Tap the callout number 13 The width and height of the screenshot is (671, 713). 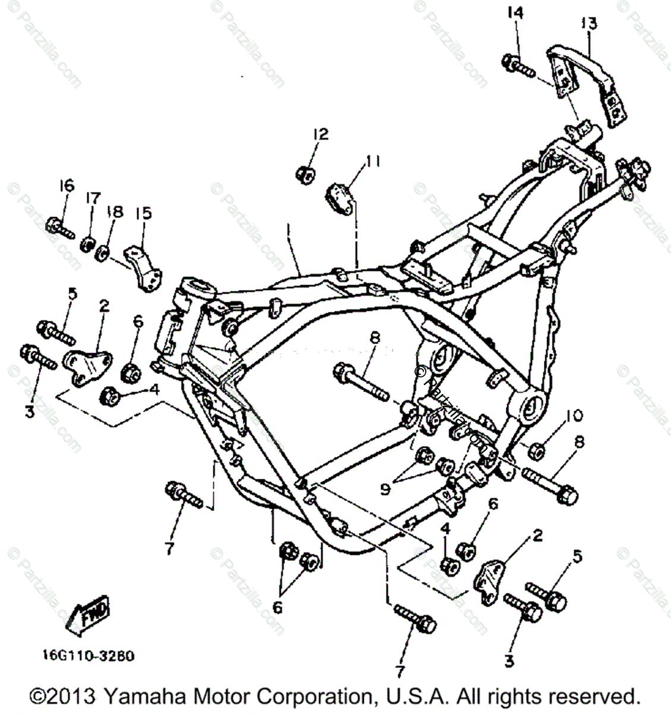[x=589, y=24]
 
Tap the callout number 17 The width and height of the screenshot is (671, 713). [x=94, y=198]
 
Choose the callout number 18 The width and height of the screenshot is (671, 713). [x=115, y=211]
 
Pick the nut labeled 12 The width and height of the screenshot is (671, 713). [x=306, y=175]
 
